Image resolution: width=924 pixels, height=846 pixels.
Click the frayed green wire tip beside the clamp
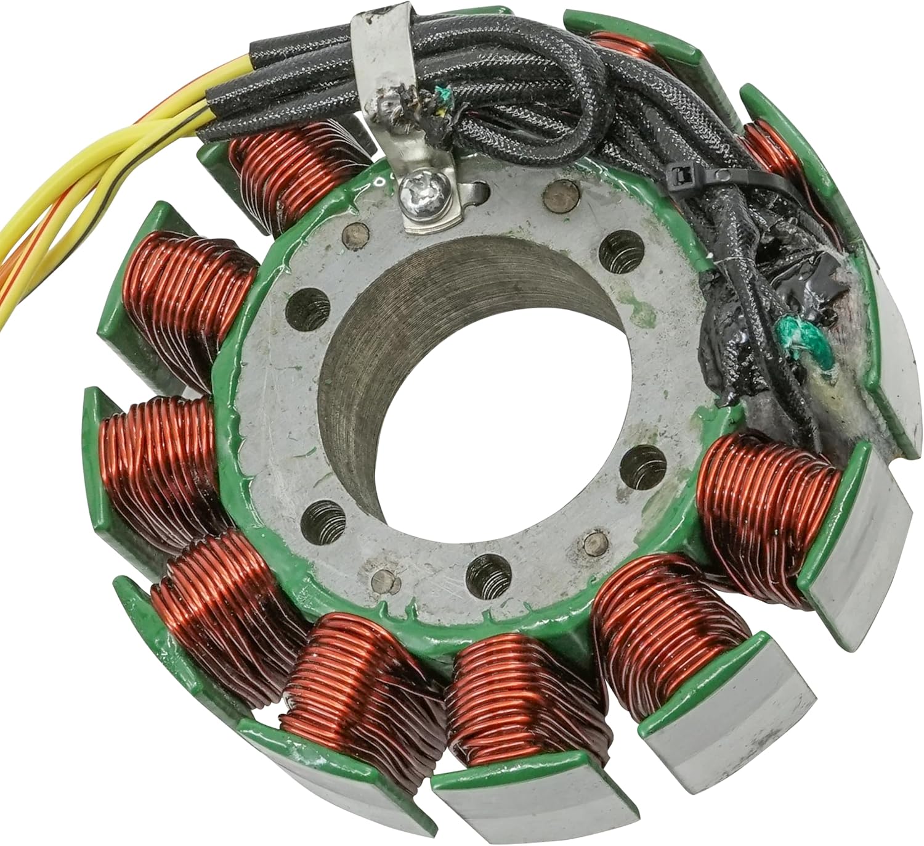tap(441, 94)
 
